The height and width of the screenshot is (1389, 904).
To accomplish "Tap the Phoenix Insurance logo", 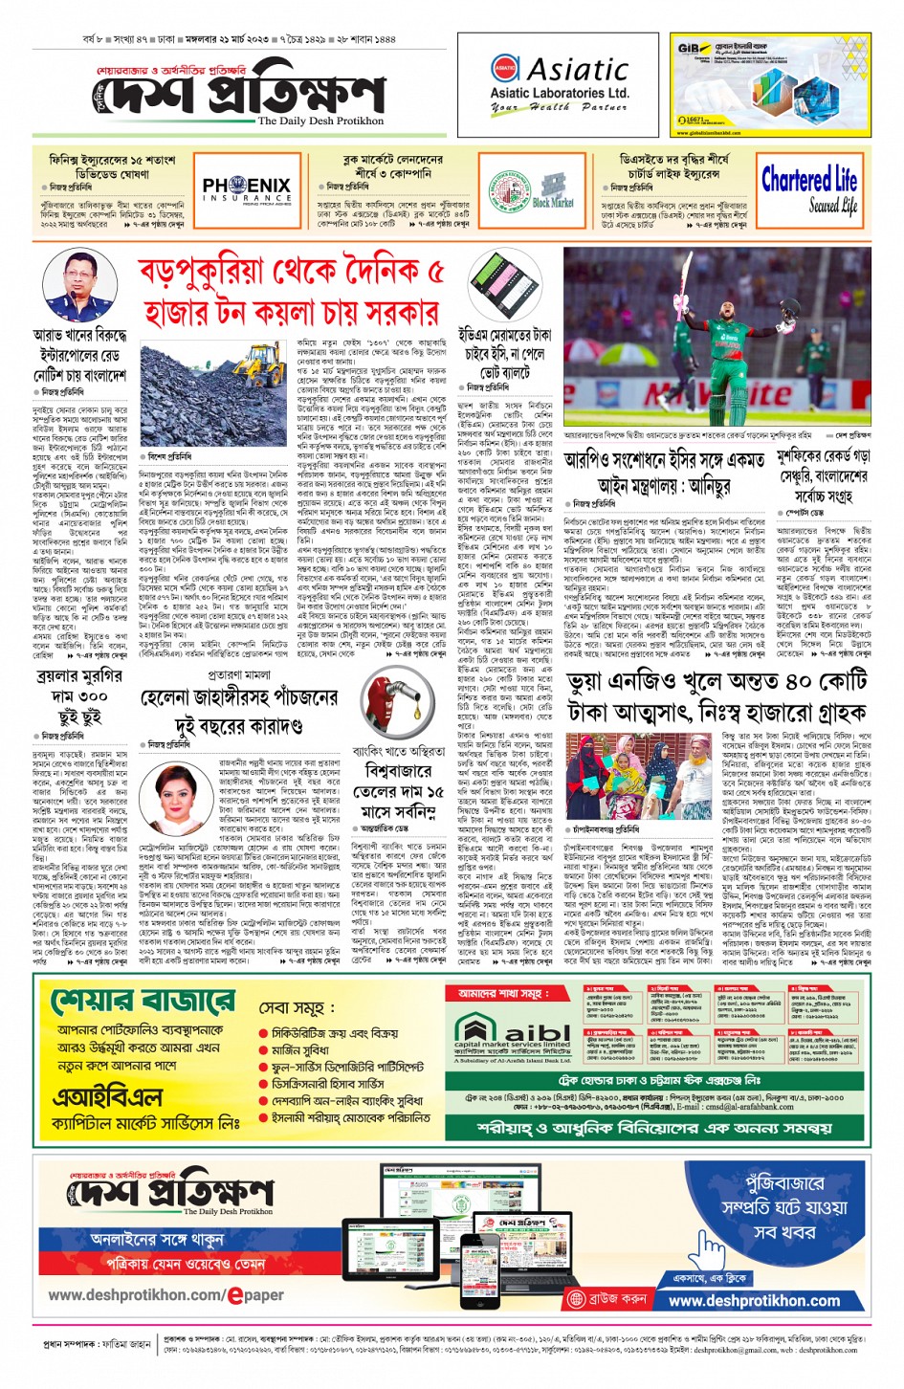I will pos(246,188).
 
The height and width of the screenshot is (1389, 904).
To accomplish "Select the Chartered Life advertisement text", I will pos(808,190).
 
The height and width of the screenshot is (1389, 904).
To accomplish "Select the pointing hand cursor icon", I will pos(708,1248).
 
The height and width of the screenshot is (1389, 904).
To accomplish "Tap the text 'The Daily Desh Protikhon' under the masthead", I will pos(320,121).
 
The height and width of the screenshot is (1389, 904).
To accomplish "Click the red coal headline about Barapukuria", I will pos(292,293).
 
